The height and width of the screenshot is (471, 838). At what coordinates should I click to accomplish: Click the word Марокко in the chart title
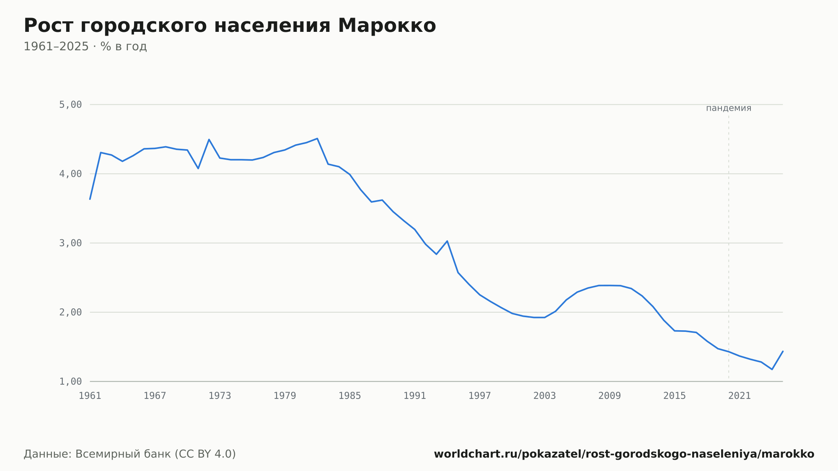[387, 26]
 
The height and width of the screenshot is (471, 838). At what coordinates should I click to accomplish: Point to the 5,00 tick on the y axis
[70, 105]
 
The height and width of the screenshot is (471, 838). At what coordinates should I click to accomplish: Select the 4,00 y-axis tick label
[70, 174]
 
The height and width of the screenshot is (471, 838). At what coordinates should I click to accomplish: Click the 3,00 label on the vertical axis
[70, 243]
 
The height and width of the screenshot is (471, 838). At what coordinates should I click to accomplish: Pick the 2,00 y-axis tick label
[70, 312]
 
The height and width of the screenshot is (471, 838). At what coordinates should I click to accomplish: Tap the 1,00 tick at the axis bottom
[70, 381]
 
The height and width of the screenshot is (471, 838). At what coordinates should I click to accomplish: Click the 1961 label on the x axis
[90, 396]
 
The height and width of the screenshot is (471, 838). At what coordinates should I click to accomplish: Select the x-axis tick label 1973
[220, 396]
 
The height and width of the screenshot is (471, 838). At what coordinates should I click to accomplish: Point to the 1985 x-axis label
[350, 396]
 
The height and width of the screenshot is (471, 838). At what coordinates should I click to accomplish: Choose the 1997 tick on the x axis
[480, 396]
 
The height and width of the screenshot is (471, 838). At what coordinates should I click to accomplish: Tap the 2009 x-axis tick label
[610, 396]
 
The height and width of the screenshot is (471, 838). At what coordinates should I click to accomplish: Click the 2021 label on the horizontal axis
[740, 396]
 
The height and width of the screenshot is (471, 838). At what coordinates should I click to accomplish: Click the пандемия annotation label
[729, 108]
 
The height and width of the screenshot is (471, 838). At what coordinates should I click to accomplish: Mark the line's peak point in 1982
[317, 138]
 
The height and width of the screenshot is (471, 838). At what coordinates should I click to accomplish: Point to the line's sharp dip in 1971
[198, 168]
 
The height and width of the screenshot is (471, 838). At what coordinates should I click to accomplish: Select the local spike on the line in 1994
[447, 241]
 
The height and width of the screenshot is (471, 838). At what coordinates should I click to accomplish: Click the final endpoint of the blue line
[783, 351]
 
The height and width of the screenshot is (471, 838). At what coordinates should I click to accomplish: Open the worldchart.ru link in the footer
[624, 454]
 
